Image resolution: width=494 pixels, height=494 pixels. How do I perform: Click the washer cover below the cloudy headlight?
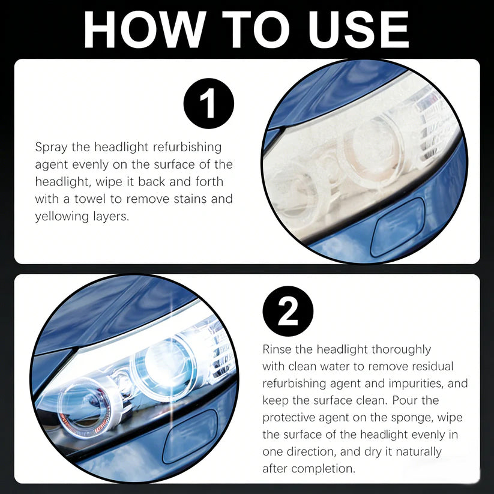point(397,226)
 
